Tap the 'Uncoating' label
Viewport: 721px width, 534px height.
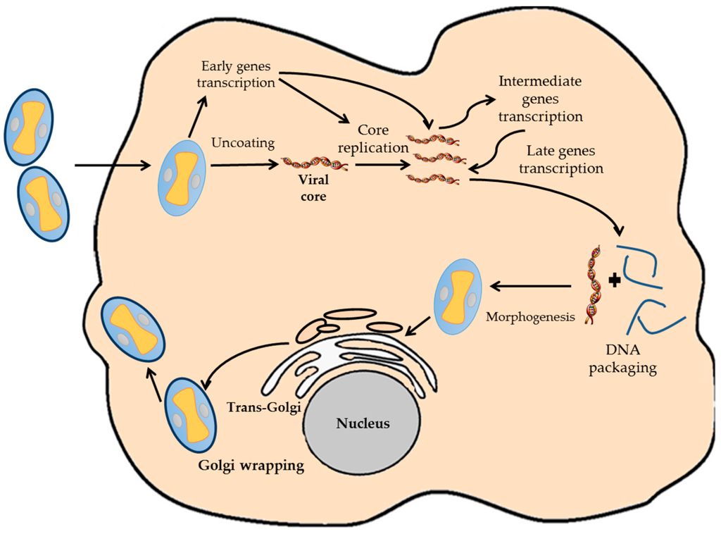(x=242, y=143)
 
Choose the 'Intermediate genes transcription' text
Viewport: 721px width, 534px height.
(x=540, y=99)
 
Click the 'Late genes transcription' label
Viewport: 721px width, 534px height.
(x=565, y=160)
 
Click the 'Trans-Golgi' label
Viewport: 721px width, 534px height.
(x=263, y=406)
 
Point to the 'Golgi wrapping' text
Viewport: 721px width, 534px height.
(x=251, y=466)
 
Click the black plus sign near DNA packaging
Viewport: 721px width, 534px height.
(x=615, y=280)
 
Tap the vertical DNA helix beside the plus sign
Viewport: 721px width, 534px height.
(x=595, y=285)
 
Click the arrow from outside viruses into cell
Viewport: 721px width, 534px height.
(x=113, y=166)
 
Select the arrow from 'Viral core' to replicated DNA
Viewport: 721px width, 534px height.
(x=381, y=168)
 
